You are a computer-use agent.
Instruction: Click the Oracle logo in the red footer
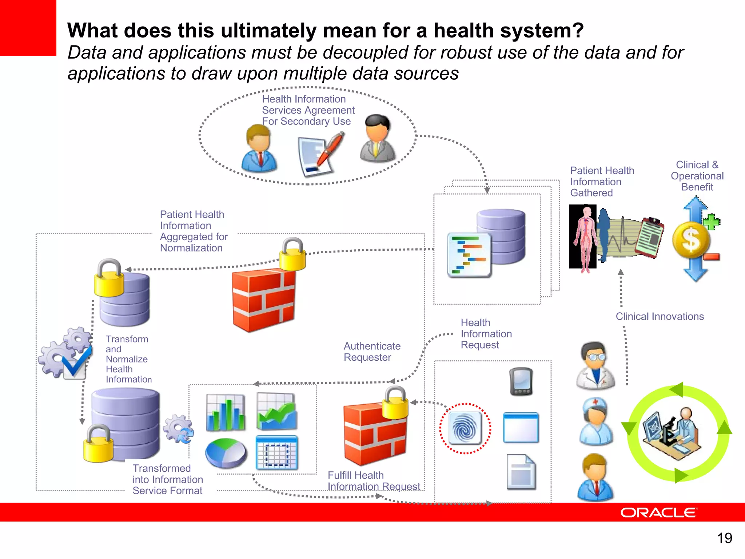click(x=659, y=512)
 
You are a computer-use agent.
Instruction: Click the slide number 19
click(x=724, y=538)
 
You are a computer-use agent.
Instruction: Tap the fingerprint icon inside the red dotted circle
click(x=465, y=429)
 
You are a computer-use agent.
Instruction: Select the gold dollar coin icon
click(x=690, y=240)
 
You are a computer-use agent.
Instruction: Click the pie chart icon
click(x=226, y=453)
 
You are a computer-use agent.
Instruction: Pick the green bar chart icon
click(x=226, y=412)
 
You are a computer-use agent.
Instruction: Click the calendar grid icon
click(x=276, y=453)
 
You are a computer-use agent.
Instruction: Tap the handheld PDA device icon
click(x=521, y=382)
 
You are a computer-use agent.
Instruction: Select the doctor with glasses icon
click(x=595, y=366)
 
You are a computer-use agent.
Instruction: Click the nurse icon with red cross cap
click(x=595, y=422)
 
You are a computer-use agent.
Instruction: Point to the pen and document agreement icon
click(x=319, y=155)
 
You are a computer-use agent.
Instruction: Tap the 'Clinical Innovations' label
click(x=660, y=317)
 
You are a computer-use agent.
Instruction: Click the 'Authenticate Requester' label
click(x=372, y=352)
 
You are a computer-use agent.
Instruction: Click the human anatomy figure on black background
click(x=583, y=237)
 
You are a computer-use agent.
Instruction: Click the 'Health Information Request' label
click(x=486, y=334)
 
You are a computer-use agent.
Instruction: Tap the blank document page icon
click(x=521, y=472)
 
